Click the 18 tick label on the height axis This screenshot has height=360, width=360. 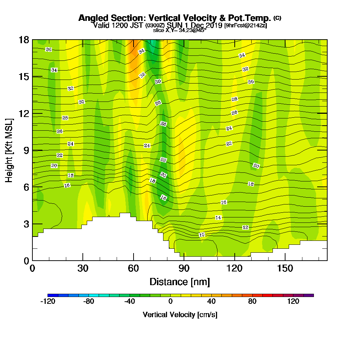pyautogui.click(x=24, y=40)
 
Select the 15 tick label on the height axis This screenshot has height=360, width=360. pyautogui.click(x=24, y=77)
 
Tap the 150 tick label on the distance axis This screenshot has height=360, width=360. pyautogui.click(x=285, y=269)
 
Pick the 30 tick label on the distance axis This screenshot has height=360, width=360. pyautogui.click(x=83, y=269)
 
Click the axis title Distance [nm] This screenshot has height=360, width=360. pyautogui.click(x=180, y=281)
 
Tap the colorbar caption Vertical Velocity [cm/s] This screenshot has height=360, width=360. pyautogui.click(x=180, y=315)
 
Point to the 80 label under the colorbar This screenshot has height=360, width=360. pyautogui.click(x=252, y=302)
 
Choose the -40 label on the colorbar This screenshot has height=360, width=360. pyautogui.click(x=129, y=302)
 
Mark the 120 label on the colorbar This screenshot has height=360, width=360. pyautogui.click(x=293, y=302)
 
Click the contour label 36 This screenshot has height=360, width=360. pyautogui.click(x=49, y=49)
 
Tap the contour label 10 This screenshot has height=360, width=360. pyautogui.click(x=202, y=235)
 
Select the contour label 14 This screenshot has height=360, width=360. pyautogui.click(x=218, y=218)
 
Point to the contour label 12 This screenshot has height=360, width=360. pyautogui.click(x=246, y=228)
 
